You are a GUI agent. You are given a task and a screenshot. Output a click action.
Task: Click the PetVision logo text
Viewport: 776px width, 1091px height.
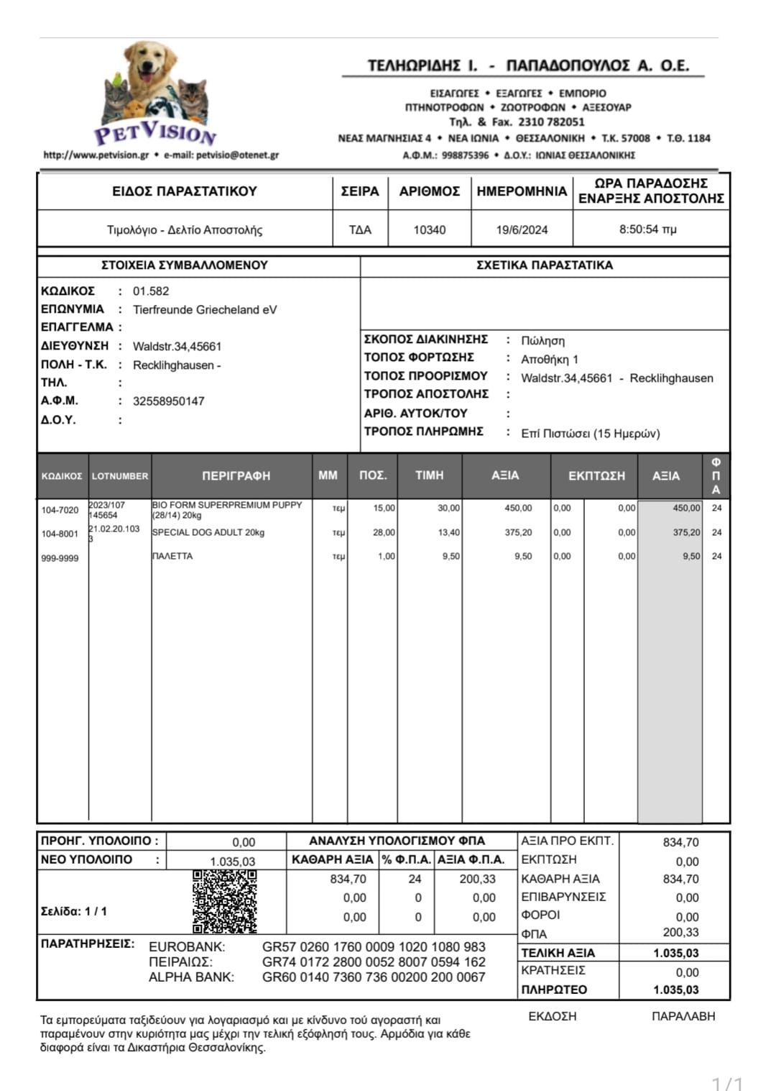[x=155, y=132]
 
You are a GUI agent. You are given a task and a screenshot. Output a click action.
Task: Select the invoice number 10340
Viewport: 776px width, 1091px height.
[x=429, y=230]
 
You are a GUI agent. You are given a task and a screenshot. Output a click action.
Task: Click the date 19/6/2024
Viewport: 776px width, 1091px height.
[x=522, y=230]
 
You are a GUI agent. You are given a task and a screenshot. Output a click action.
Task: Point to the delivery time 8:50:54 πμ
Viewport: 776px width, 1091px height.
[x=647, y=229]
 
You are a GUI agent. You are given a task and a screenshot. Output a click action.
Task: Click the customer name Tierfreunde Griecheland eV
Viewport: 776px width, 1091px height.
[x=205, y=310]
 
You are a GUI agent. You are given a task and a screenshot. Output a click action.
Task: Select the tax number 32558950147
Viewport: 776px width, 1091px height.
[x=169, y=401]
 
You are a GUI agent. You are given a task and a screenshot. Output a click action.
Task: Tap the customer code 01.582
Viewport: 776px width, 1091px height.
[x=151, y=291]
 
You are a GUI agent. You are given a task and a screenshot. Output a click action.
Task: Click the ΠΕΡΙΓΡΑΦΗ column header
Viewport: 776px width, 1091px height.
[x=236, y=476]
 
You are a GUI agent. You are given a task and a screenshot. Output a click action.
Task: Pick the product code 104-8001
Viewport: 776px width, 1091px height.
[x=60, y=534]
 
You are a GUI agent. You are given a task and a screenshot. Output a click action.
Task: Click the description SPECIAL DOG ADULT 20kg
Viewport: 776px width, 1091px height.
[x=208, y=533]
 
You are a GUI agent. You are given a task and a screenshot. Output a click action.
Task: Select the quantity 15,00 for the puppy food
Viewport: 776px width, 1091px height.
[x=384, y=508]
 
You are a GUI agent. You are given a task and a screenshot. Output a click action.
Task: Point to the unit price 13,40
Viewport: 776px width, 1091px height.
[x=449, y=533]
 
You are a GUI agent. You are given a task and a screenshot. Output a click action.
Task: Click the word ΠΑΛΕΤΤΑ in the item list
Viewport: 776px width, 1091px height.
[x=172, y=557]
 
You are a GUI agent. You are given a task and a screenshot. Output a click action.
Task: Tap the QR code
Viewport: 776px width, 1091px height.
[x=225, y=901]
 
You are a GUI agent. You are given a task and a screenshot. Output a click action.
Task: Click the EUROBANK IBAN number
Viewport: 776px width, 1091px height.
[x=374, y=947]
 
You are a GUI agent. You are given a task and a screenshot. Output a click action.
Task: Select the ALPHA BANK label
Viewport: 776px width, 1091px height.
[x=191, y=977]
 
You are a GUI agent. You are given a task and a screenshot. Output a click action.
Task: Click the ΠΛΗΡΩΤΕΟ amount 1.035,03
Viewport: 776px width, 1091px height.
[x=675, y=990]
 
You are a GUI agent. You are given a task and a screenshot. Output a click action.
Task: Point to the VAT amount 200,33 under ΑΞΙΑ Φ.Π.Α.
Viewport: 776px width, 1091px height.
[x=478, y=879]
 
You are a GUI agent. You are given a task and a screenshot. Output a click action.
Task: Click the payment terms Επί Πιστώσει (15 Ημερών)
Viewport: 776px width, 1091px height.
[x=590, y=434]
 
